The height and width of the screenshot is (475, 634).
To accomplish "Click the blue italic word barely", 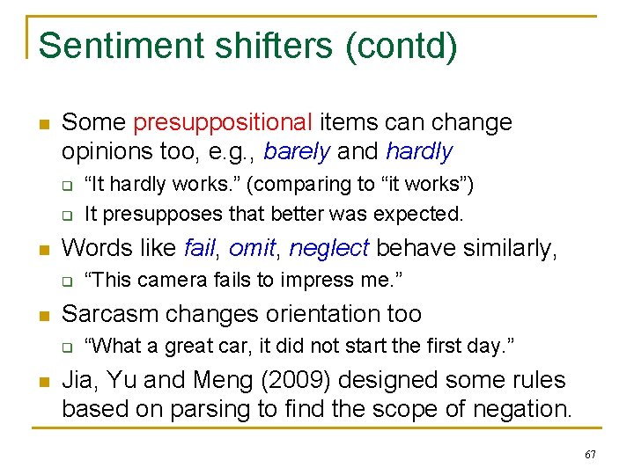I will coord(297,151).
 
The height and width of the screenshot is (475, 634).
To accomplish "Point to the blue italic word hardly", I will coord(419,151).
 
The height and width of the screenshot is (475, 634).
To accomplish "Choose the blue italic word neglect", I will coord(328,248).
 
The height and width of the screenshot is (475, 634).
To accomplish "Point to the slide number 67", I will coord(590,455).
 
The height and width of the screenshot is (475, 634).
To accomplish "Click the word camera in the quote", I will coord(176,281).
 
